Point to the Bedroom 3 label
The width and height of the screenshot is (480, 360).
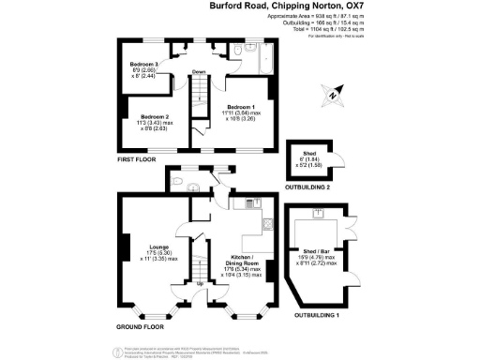143,64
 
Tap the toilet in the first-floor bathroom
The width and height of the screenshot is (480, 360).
241,51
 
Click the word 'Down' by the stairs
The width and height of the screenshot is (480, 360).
199,72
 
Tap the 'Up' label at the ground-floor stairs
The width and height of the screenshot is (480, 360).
199,283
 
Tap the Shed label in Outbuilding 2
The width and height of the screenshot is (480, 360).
307,154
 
